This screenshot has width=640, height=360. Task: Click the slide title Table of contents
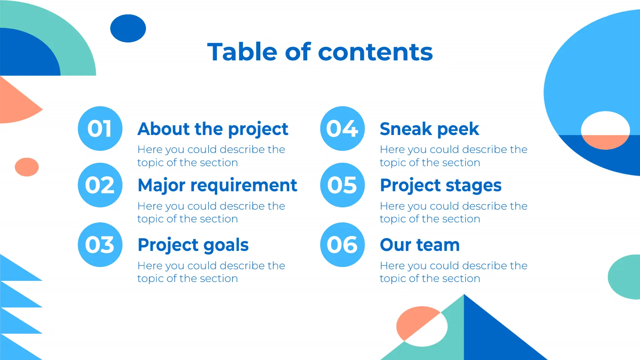(x=320, y=52)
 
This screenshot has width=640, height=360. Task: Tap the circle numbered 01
(x=100, y=128)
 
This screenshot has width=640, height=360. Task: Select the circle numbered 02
(x=100, y=185)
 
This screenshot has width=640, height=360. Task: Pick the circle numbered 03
(x=100, y=244)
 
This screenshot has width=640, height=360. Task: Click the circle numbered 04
(x=342, y=128)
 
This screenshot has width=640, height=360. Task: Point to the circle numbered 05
(x=342, y=185)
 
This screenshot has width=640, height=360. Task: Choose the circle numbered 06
(x=342, y=244)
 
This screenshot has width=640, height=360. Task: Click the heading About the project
(x=213, y=129)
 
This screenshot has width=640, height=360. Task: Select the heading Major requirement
(x=218, y=186)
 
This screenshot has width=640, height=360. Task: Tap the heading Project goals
(x=193, y=245)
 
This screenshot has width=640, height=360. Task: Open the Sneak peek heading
(x=430, y=129)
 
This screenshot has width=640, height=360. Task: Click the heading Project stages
(x=441, y=186)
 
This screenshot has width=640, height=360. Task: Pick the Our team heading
(x=420, y=245)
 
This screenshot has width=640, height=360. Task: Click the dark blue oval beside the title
(x=128, y=28)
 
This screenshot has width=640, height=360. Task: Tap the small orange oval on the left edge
(x=27, y=167)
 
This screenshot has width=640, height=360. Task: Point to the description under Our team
(x=454, y=272)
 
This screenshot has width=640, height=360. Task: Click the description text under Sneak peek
(x=454, y=156)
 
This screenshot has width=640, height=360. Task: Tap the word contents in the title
(x=376, y=52)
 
